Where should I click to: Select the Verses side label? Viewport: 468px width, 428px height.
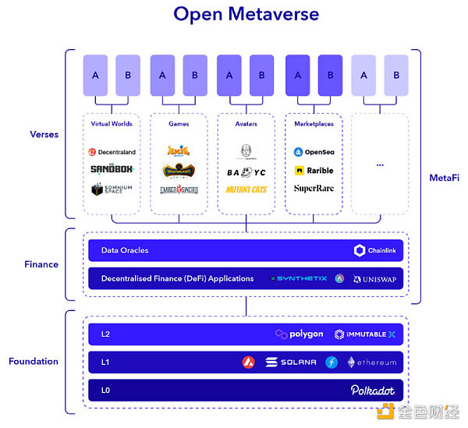tap(44, 134)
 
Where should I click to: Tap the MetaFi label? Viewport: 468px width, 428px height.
tap(444, 179)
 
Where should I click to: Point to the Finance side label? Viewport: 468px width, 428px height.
tap(41, 264)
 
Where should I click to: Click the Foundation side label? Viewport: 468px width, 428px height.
tap(34, 361)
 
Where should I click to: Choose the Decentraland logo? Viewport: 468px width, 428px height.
tap(112, 152)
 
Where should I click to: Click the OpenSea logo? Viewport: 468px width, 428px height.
tap(314, 152)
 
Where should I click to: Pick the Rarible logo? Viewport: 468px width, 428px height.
tap(314, 170)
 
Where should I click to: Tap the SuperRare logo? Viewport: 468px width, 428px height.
tap(314, 188)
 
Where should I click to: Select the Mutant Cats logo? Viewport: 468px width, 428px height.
tap(246, 189)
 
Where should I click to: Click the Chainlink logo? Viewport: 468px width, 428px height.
tap(376, 250)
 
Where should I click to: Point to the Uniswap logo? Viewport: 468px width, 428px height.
tap(377, 278)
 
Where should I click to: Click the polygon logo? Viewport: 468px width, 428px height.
tap(300, 334)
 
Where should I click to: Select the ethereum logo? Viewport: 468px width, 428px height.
tap(371, 362)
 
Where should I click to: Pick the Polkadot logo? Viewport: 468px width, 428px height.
tap(373, 389)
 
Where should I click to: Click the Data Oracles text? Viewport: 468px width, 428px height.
tap(125, 250)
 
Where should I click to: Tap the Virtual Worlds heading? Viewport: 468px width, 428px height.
tap(112, 123)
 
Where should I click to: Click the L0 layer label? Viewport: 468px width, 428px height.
tap(106, 389)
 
